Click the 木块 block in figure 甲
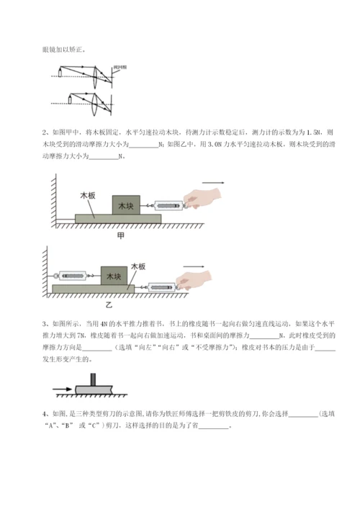coord(126,205)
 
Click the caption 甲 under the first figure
coord(120,235)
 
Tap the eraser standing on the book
coord(93,380)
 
